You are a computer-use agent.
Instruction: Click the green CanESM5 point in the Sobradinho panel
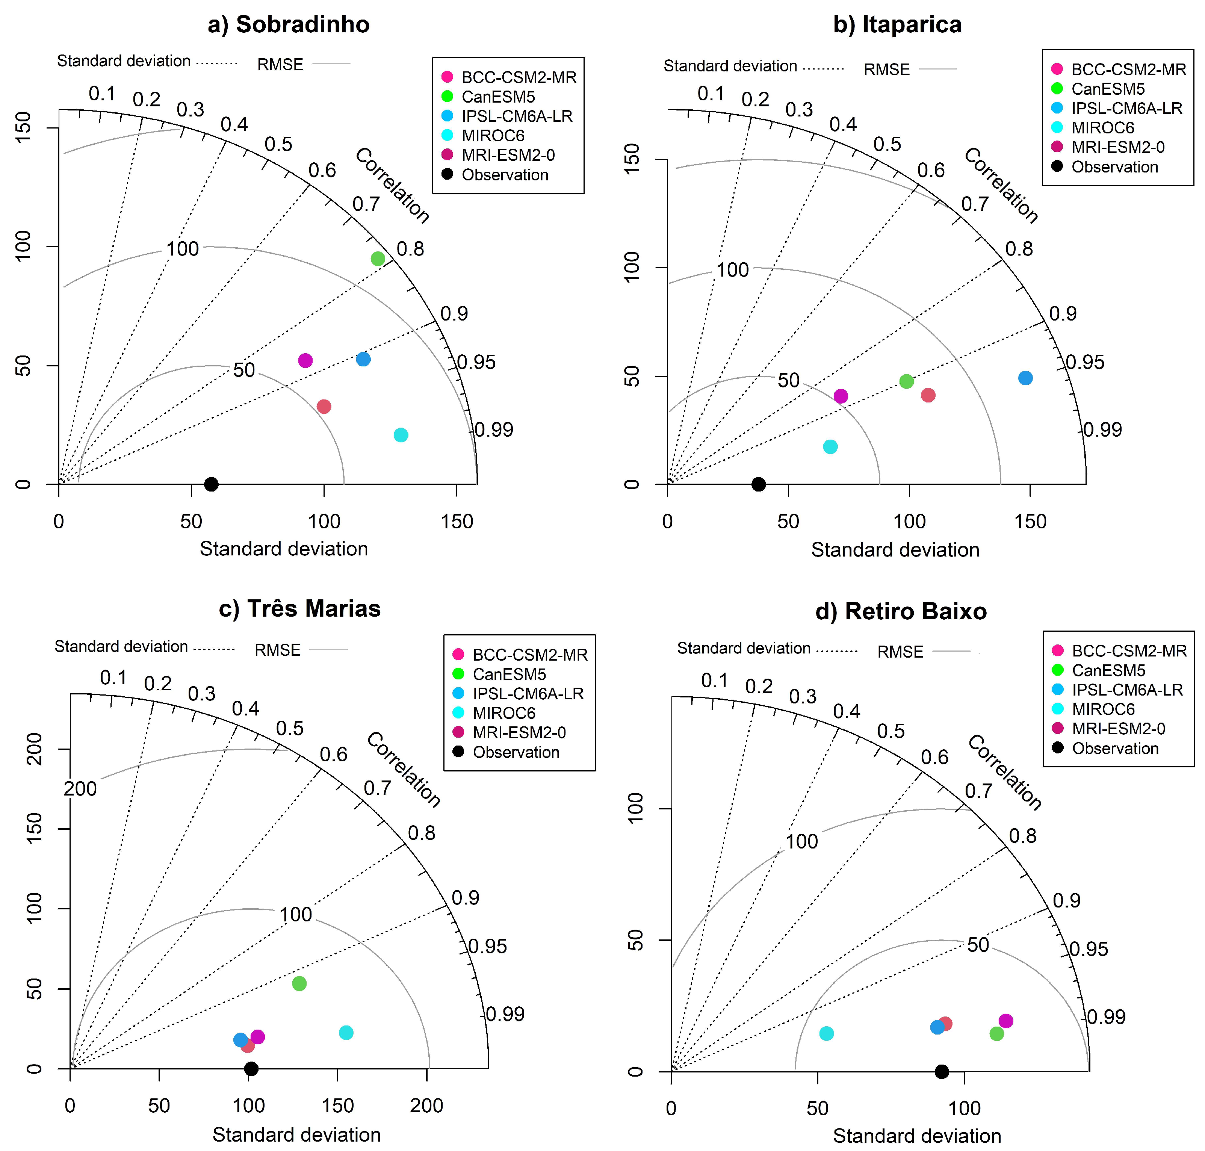coord(378,259)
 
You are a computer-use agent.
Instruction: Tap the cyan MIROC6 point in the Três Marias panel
coord(346,1033)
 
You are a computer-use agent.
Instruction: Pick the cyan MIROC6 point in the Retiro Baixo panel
coord(827,1033)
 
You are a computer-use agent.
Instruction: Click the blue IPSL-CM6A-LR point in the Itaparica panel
coord(1025,378)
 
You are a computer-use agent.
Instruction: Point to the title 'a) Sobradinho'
coord(288,24)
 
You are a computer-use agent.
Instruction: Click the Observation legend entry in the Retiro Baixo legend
coord(1115,749)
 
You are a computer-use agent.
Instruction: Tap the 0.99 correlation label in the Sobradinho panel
coord(494,430)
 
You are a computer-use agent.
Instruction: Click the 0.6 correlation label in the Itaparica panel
coord(931,170)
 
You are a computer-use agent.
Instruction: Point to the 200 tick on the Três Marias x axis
coord(426,1106)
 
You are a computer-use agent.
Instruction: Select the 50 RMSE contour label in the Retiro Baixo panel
coord(978,945)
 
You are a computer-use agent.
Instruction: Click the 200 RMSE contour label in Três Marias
coord(80,788)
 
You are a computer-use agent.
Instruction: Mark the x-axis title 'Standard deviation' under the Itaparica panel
coord(895,550)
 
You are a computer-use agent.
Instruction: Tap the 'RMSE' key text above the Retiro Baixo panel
coord(900,652)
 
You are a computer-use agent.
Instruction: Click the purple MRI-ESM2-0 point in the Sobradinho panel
coord(305,361)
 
